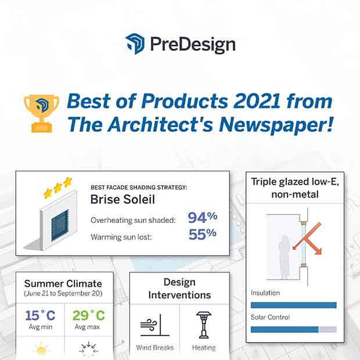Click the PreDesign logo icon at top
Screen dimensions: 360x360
tap(135, 44)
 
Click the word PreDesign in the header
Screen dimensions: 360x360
tap(193, 45)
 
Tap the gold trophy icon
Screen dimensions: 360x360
tap(42, 113)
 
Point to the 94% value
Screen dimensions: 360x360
tap(203, 217)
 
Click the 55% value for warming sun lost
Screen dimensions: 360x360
tap(203, 234)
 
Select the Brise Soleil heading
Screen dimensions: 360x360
tap(123, 199)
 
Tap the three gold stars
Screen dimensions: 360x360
tap(58, 188)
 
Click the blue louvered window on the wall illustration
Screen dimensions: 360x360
tap(60, 225)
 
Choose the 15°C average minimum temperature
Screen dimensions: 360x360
tap(41, 315)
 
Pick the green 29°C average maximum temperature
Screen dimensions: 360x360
tap(89, 315)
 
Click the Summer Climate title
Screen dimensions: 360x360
tap(63, 283)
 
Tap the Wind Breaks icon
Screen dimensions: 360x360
tap(155, 326)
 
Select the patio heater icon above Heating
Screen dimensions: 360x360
tap(204, 325)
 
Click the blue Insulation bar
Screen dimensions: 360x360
tap(294, 305)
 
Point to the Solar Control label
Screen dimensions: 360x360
tap(270, 317)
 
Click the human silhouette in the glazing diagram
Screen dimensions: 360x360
tap(285, 257)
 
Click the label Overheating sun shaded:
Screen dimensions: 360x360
tap(133, 221)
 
